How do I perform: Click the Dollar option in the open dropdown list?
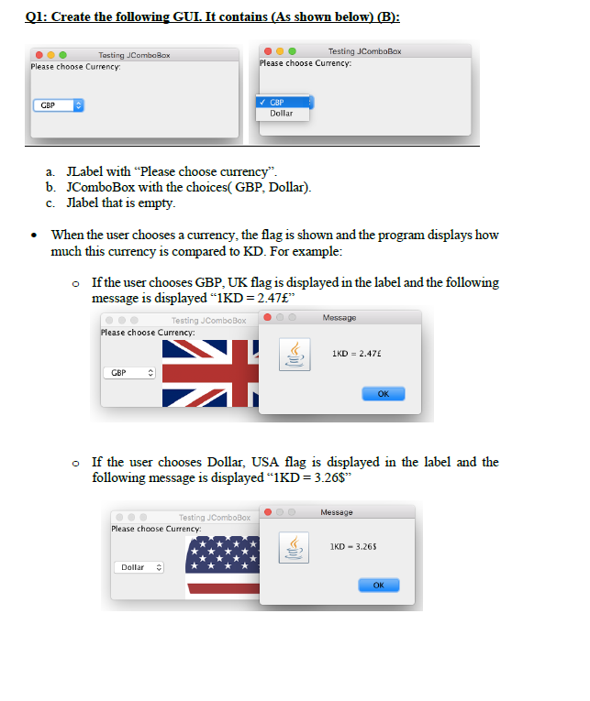tap(282, 114)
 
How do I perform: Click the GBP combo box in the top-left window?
tap(59, 106)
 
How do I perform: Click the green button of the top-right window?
tap(292, 51)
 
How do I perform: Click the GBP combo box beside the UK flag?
tap(129, 374)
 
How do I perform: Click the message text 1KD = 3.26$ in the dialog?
tap(352, 547)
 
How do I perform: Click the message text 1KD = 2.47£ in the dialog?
tap(356, 353)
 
